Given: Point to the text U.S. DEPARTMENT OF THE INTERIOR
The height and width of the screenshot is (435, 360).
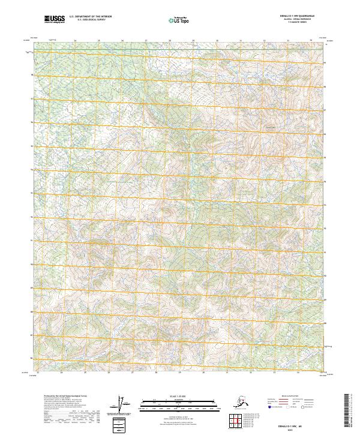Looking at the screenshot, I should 90,18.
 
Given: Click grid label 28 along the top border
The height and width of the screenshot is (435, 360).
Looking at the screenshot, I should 170,41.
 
